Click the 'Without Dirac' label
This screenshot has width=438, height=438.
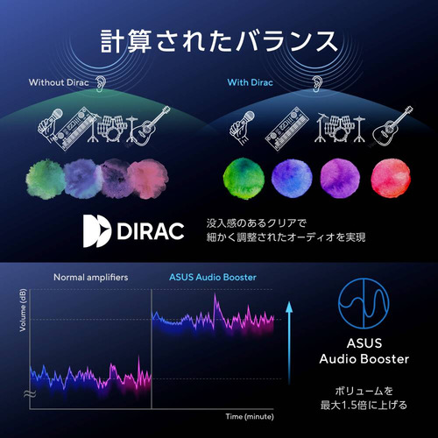59,82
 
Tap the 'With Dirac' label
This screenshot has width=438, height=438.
250,82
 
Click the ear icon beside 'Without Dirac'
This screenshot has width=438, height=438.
100,84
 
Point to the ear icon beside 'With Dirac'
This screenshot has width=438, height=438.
316,84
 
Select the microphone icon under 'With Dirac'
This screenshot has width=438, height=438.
242,128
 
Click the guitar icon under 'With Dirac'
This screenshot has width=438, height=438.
392,126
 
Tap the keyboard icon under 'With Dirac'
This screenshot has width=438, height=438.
286,129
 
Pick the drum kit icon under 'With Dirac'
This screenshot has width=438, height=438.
341,128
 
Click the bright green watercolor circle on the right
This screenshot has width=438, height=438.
244,178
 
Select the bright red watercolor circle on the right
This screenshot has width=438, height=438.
391,178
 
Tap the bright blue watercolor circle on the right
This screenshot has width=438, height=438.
292,177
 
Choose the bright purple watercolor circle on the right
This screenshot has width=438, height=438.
340,178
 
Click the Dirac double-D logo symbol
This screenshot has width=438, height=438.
96,231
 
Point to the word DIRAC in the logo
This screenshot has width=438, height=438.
151,231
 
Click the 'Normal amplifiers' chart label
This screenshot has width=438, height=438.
91,277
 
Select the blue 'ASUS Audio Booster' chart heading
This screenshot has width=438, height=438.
213,277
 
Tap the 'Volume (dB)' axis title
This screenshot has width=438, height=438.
23,310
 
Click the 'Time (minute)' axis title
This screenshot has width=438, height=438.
250,417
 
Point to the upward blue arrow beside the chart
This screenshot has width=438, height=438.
289,343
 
